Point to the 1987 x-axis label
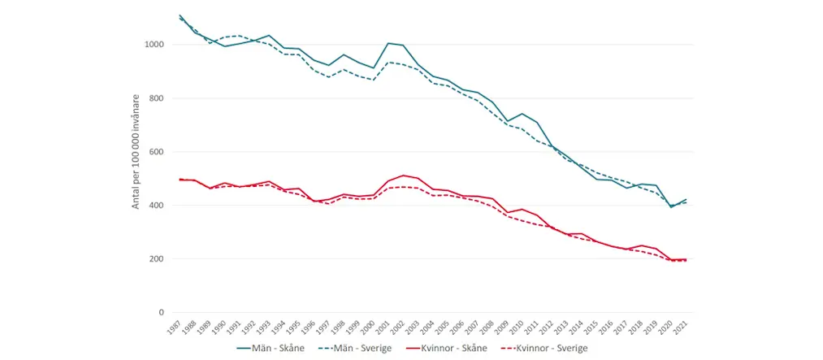pyautogui.click(x=175, y=327)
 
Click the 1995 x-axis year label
pyautogui.click(x=295, y=327)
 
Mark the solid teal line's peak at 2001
pyautogui.click(x=388, y=43)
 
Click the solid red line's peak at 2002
pyautogui.click(x=403, y=175)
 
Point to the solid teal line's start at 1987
pyautogui.click(x=180, y=15)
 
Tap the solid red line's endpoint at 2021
pyautogui.click(x=687, y=259)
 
